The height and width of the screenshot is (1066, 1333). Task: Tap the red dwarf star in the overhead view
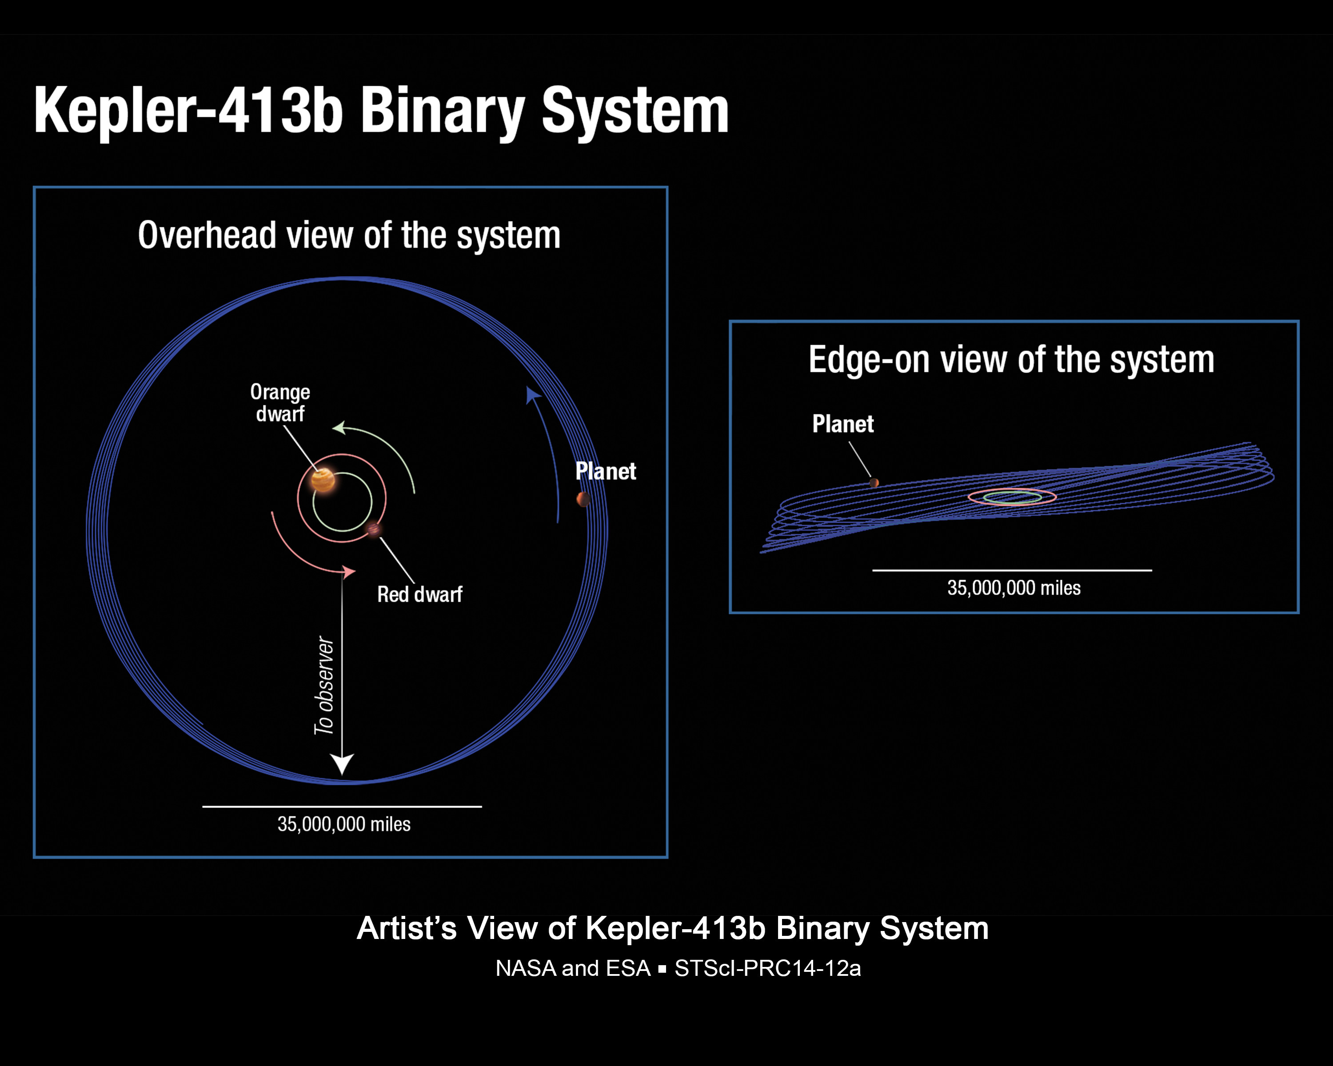point(373,529)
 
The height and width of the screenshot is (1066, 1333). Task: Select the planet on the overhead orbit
point(583,499)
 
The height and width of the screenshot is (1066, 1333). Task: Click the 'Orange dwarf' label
point(280,403)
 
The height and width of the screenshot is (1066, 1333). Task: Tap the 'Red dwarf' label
point(420,594)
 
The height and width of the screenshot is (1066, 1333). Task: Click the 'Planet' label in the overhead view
point(605,472)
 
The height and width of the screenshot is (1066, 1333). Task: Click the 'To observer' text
point(325,686)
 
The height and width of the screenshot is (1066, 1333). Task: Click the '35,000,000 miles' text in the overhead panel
point(344,824)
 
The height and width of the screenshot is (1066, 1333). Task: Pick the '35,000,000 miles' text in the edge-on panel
point(1014,588)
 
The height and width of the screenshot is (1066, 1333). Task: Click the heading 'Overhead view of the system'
point(349,235)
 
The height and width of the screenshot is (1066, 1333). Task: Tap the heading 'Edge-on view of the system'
point(1011,360)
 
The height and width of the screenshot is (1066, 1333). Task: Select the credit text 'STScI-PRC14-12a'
point(767,968)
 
